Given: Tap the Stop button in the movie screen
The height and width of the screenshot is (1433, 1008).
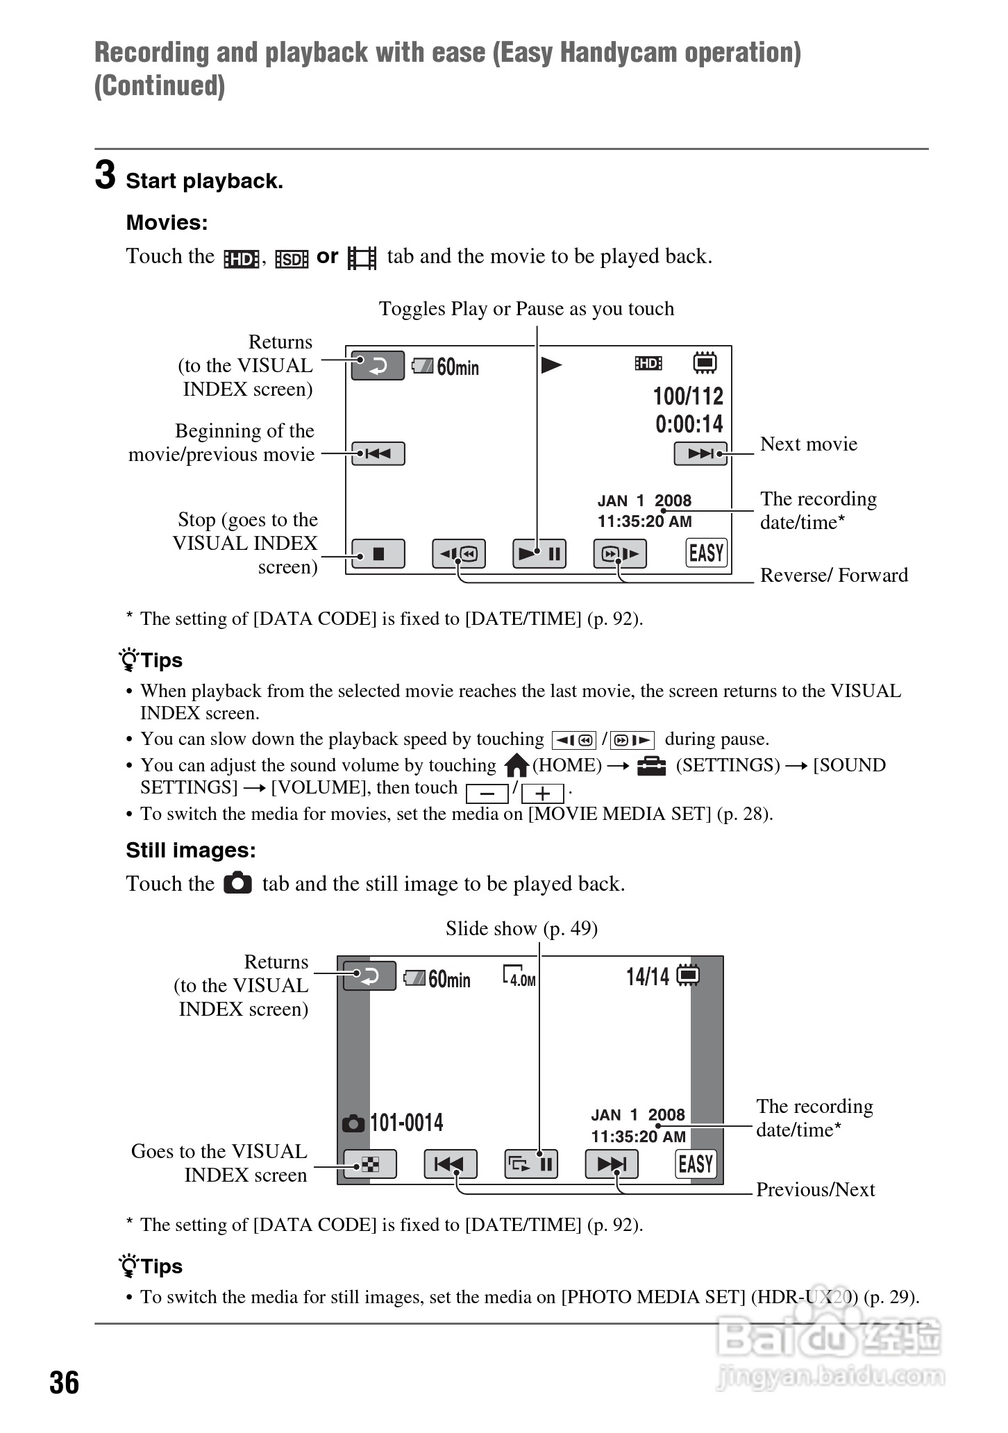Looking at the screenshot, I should click(x=378, y=554).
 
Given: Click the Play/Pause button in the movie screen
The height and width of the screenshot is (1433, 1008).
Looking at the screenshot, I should click(x=539, y=554).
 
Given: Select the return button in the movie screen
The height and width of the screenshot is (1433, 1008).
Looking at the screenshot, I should click(x=378, y=366).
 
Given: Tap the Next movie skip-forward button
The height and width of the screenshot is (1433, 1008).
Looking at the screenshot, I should click(x=700, y=454).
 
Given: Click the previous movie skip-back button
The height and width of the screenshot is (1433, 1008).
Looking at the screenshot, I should click(x=378, y=454).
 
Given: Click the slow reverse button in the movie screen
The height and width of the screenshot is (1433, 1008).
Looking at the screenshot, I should click(x=459, y=554).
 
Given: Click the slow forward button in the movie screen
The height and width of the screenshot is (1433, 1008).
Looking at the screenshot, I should click(x=620, y=554).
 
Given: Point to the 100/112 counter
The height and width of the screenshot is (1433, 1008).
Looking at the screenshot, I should click(x=688, y=396).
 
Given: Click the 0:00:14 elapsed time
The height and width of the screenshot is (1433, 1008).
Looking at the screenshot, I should click(x=689, y=424).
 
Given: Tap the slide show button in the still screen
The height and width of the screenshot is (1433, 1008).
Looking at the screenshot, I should click(x=531, y=1164).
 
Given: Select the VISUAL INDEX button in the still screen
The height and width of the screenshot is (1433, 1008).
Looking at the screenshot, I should click(x=370, y=1164).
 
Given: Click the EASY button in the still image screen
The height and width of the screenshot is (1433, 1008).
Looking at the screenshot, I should click(x=696, y=1164).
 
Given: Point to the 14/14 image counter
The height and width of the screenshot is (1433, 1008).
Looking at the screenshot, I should click(x=648, y=977).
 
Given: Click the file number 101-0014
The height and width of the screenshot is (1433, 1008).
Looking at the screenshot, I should click(x=406, y=1123).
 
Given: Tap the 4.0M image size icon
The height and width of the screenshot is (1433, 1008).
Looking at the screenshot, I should click(x=519, y=977).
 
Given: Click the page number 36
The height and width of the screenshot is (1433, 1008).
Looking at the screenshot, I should click(x=64, y=1383).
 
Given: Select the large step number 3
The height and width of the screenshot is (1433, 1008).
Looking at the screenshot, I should click(x=105, y=175).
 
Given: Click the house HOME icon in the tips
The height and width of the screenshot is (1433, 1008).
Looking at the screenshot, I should click(x=516, y=766).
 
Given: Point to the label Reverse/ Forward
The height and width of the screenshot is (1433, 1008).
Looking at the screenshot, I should click(x=834, y=575).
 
